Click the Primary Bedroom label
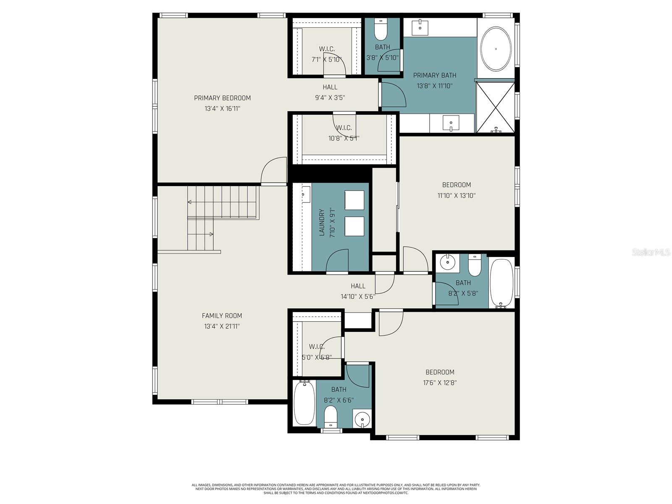click(222, 98)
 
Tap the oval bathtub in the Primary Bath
click(496, 49)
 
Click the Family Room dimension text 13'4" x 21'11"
click(222, 326)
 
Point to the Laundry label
click(322, 223)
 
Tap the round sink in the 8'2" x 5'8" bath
click(447, 263)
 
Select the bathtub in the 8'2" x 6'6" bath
click(304, 403)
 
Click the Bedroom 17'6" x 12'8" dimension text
click(440, 383)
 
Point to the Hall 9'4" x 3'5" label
click(330, 87)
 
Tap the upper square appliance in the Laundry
click(354, 200)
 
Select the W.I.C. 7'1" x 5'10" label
click(327, 49)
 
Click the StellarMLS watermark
click(651, 252)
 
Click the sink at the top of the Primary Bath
click(420, 27)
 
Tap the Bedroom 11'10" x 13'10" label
click(456, 185)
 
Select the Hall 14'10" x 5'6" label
click(358, 286)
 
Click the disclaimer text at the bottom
click(336, 488)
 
